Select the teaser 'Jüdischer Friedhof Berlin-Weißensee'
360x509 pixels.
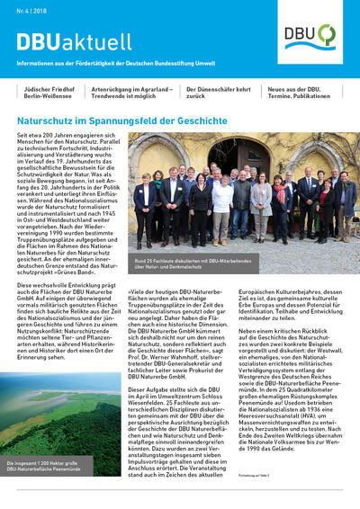(49, 94)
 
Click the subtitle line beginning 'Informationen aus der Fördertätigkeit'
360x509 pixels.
(121, 62)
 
